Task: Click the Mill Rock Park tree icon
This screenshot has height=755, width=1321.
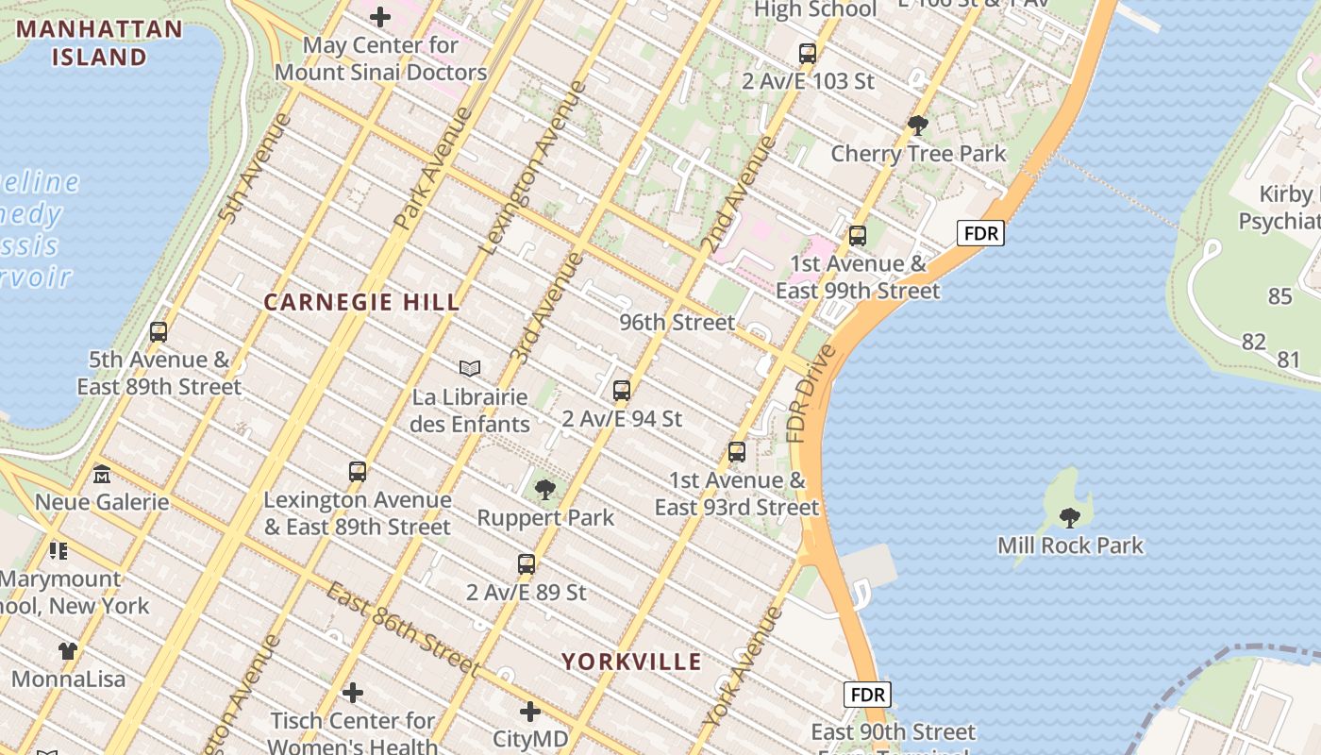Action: click(1070, 517)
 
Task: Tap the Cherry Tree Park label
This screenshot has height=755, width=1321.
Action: click(918, 153)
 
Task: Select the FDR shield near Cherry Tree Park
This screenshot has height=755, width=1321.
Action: click(980, 233)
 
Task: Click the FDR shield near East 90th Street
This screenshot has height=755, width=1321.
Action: click(867, 696)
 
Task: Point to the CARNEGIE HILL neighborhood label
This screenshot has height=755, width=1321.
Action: click(362, 303)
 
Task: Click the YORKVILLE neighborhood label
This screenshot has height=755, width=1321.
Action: click(632, 662)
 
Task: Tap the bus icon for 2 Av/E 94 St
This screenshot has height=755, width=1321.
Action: click(621, 390)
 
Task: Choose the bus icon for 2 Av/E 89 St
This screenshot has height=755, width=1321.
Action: click(527, 564)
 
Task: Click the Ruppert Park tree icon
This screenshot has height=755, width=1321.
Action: click(544, 490)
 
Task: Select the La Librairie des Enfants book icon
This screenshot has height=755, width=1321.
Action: click(470, 368)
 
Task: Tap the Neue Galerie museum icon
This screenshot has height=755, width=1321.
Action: click(102, 474)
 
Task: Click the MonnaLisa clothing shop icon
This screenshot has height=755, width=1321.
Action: click(68, 650)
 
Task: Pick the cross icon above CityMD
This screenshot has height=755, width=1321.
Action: click(530, 711)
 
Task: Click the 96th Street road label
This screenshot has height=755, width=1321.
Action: click(677, 322)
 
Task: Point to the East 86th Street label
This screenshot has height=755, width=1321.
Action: click(403, 629)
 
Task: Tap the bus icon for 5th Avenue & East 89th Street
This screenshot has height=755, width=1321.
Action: click(159, 332)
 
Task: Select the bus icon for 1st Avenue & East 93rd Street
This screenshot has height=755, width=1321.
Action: click(737, 452)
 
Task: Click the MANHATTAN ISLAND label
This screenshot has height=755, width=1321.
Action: click(99, 42)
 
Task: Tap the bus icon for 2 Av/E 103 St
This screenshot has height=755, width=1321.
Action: click(807, 53)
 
